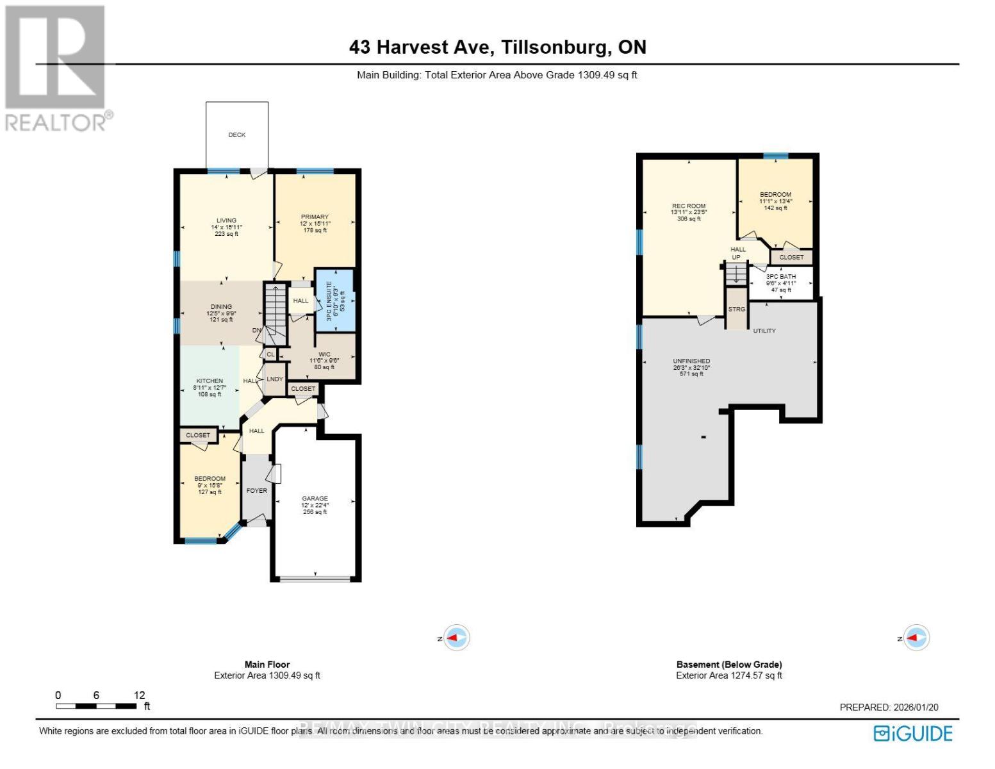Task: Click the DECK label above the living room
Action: tap(237, 135)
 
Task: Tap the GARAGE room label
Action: tap(315, 499)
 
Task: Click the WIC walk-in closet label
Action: tap(324, 354)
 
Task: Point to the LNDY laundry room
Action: tap(275, 379)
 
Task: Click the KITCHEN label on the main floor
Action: tap(210, 381)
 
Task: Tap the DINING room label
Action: tap(221, 307)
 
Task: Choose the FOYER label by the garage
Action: tap(257, 491)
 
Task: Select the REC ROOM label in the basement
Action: tap(689, 206)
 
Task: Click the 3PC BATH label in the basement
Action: tap(781, 277)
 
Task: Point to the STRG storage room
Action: tap(737, 309)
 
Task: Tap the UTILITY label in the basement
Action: tap(764, 331)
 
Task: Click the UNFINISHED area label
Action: tap(691, 361)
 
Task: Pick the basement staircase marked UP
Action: tap(736, 272)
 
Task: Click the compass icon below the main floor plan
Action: tap(457, 638)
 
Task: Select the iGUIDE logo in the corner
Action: tap(914, 733)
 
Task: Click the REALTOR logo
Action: tap(56, 67)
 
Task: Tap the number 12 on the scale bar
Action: tap(139, 695)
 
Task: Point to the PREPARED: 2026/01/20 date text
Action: tap(889, 707)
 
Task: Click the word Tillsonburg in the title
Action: tap(555, 47)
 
